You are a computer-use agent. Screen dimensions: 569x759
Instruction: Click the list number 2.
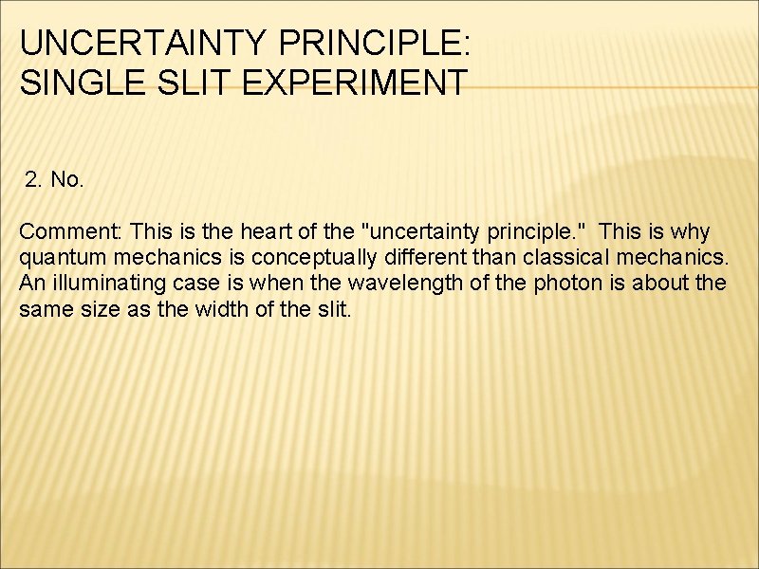[x=34, y=180]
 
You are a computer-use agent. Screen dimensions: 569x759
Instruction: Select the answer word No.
[x=67, y=180]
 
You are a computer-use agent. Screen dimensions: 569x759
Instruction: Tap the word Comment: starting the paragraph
[x=71, y=232]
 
